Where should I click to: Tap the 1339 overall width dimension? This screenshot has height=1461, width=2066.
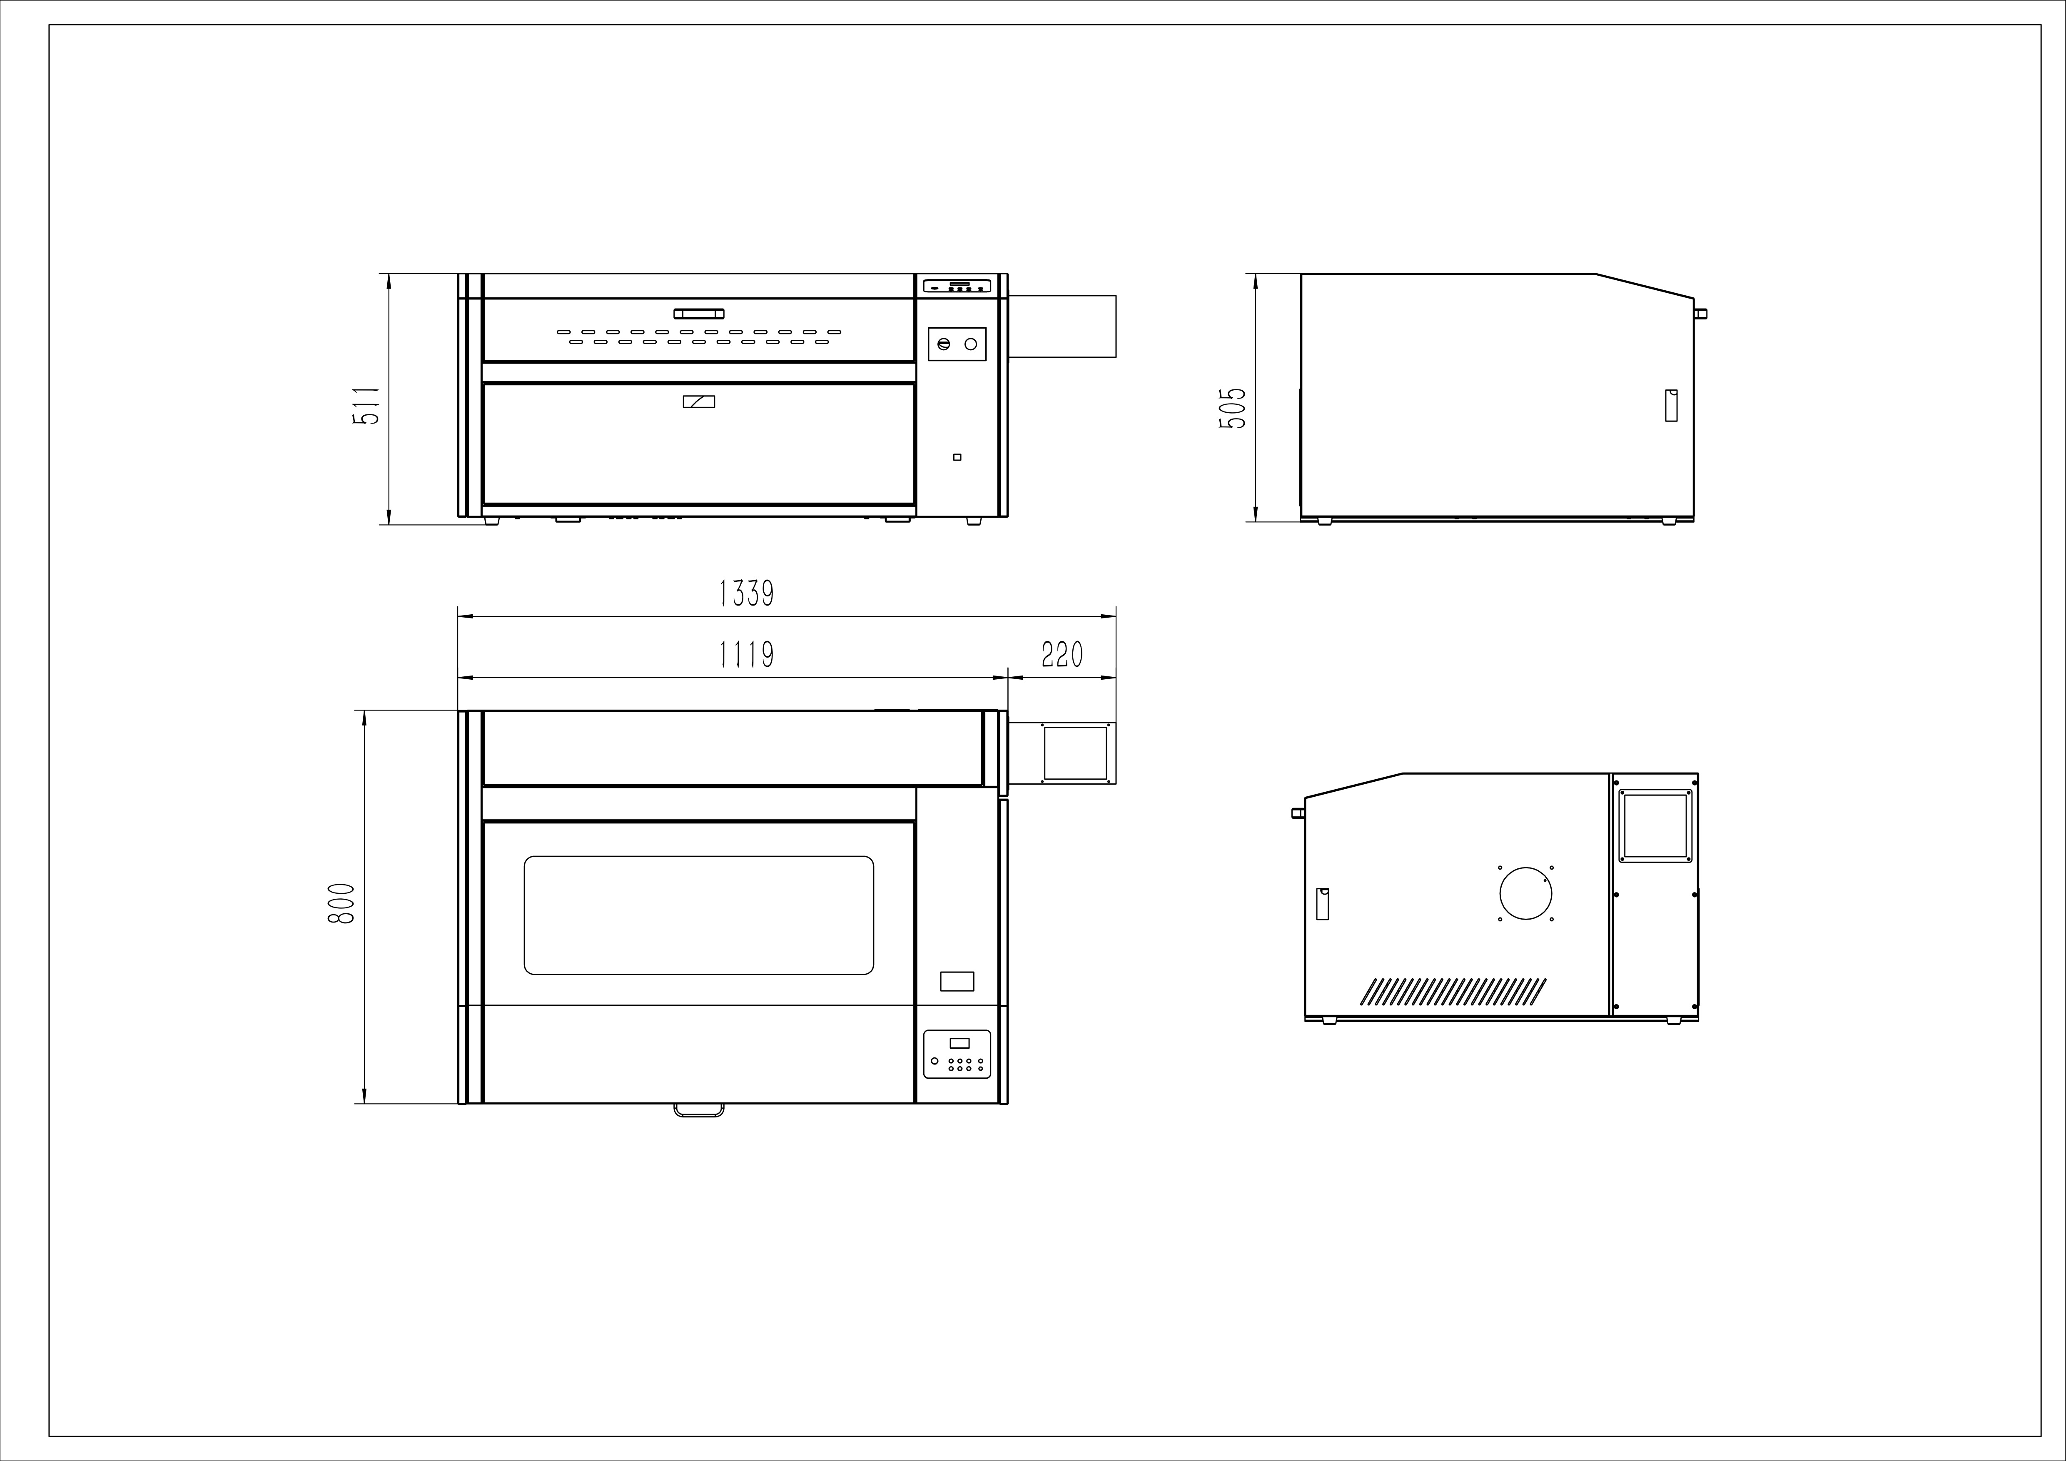coord(746,594)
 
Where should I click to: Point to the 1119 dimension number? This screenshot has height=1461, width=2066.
coord(746,655)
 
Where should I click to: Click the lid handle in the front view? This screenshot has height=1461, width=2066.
coord(699,313)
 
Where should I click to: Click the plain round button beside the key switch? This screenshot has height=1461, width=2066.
coord(971,344)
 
